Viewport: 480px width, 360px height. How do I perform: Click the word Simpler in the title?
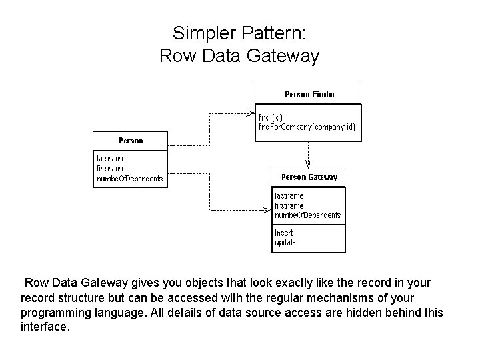[204, 34]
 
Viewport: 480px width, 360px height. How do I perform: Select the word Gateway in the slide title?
[283, 57]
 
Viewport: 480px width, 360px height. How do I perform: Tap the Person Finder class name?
[310, 94]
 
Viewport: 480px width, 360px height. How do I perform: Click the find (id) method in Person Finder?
[270, 117]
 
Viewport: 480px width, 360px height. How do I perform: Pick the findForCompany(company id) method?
[307, 127]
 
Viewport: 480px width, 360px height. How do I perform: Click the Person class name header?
[131, 141]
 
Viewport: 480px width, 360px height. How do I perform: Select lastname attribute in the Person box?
[111, 159]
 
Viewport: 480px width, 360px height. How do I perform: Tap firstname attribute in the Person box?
[111, 169]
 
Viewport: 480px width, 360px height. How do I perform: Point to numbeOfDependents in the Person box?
[130, 179]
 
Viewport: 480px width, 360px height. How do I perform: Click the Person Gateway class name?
[309, 177]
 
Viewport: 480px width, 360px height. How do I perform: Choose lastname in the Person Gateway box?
[289, 196]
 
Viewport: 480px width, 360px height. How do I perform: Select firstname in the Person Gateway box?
[289, 206]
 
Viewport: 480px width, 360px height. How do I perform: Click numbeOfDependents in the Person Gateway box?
[307, 215]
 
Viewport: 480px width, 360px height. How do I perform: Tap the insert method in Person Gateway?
[283, 233]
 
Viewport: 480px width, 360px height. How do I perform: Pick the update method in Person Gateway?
[285, 243]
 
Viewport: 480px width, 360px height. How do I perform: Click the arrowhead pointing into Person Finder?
[251, 113]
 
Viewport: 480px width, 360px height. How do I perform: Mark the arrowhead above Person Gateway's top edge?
[308, 165]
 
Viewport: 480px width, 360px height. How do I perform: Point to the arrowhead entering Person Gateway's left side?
[267, 210]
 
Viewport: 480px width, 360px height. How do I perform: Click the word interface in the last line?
[45, 326]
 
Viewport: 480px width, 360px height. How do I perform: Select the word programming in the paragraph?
[56, 313]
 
